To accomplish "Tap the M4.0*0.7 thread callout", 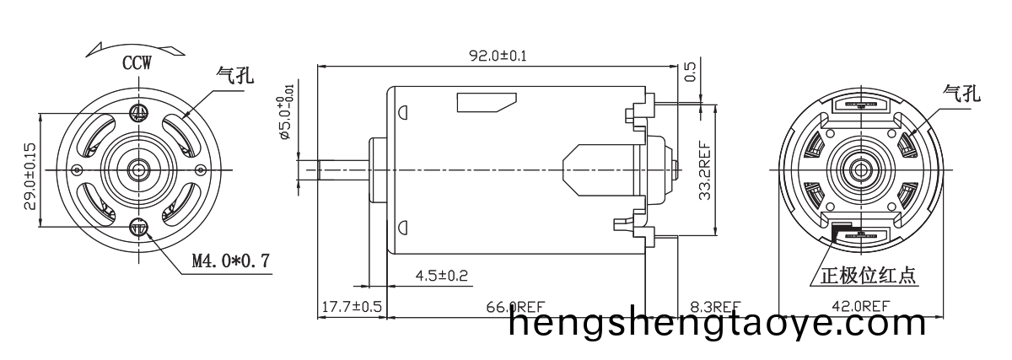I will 230,261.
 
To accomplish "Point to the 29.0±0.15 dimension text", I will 30,175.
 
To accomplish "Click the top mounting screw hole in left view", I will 139,112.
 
